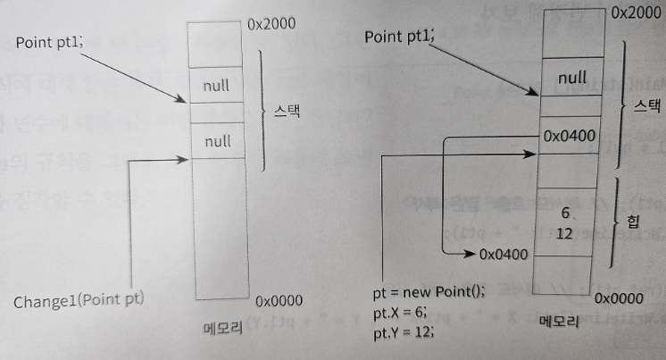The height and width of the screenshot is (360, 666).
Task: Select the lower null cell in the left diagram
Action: point(217,141)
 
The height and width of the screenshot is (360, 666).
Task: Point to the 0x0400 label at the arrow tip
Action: point(504,254)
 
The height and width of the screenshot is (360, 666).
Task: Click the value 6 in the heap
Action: point(563,213)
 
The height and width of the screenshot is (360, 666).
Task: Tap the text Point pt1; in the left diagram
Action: point(50,42)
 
